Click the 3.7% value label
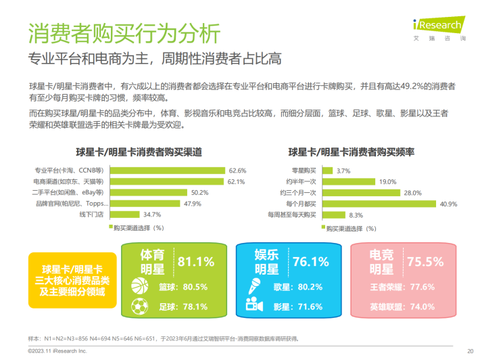(343, 171)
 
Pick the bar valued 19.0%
(349, 182)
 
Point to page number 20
(470, 351)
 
